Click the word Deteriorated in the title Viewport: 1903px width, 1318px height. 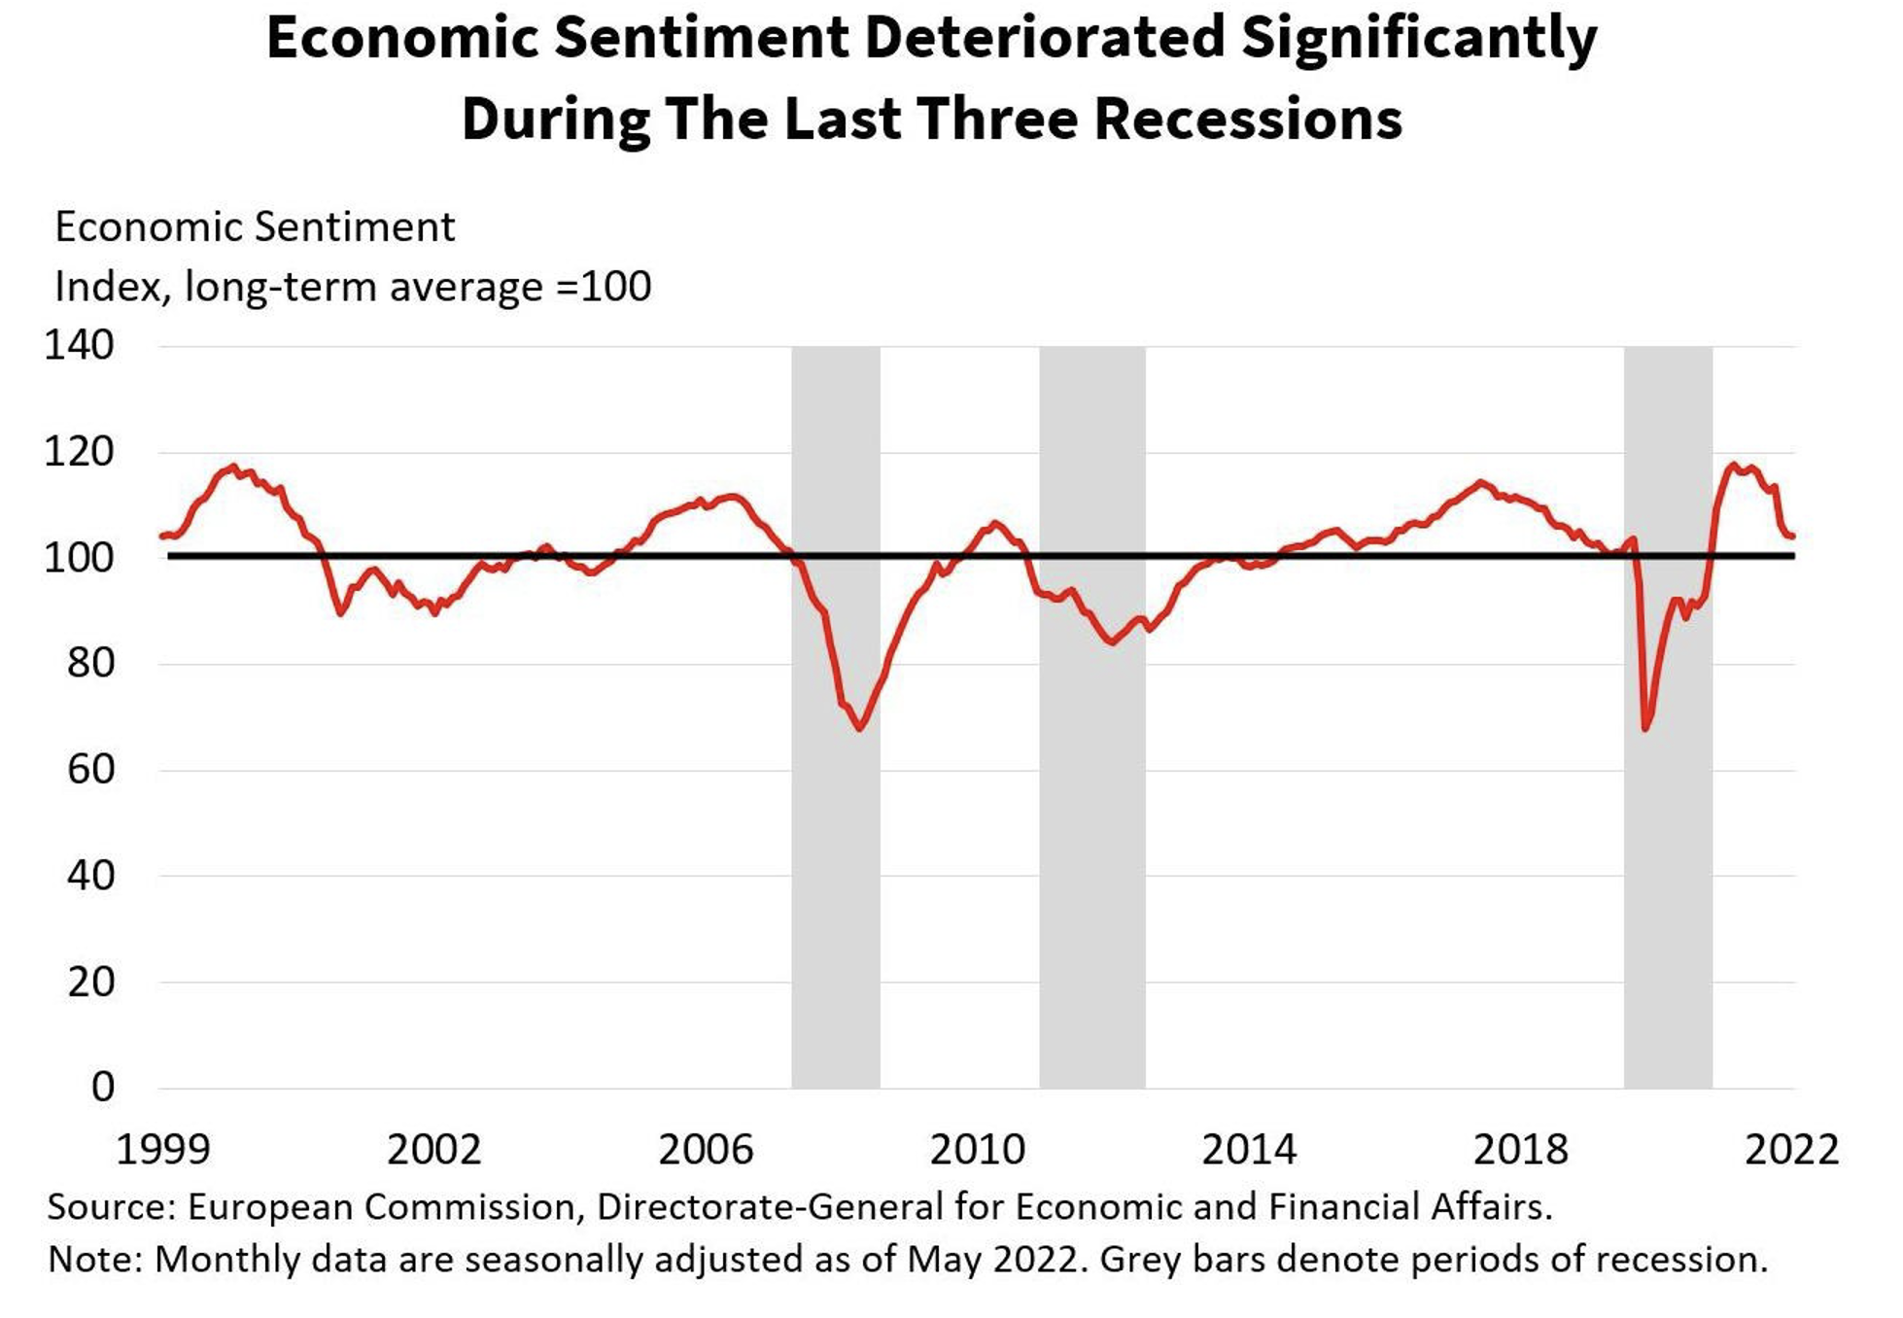pos(1044,39)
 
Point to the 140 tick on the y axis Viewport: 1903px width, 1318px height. pos(79,346)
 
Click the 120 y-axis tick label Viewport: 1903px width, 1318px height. pos(79,452)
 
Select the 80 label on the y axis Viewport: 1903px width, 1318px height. pos(90,664)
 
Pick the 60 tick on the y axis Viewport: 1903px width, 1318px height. pos(90,770)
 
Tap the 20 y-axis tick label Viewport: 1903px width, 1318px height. pos(90,983)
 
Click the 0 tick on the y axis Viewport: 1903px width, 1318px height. pos(103,1088)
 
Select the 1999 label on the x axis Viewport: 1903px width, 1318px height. pos(162,1150)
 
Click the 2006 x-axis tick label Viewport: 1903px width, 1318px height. pos(706,1150)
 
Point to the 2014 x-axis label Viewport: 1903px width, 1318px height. pos(1249,1150)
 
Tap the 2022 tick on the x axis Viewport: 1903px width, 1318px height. pos(1791,1150)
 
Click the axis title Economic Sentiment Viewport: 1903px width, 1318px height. pos(255,228)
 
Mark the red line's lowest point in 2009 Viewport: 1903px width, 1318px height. pos(860,728)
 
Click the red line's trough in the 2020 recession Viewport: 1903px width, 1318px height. pos(1645,728)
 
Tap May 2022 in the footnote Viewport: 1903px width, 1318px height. pos(991,1260)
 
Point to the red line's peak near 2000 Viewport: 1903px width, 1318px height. pos(232,467)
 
